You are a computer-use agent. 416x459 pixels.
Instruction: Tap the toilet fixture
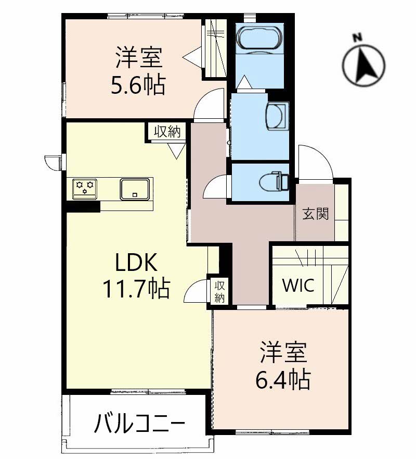click(274, 182)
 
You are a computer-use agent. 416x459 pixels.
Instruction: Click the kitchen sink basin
click(135, 190)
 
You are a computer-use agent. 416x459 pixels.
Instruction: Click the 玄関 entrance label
click(315, 214)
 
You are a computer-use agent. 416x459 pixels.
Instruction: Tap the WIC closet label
click(298, 285)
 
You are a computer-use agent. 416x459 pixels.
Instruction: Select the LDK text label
click(136, 262)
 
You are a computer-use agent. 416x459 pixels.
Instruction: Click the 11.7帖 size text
click(136, 288)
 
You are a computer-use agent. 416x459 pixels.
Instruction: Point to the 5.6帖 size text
click(138, 84)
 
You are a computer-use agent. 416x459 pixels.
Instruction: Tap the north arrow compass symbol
click(363, 65)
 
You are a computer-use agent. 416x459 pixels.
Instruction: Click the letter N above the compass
click(357, 37)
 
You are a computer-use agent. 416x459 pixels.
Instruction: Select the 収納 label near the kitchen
click(167, 131)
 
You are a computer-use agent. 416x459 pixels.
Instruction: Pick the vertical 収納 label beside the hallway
click(219, 292)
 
